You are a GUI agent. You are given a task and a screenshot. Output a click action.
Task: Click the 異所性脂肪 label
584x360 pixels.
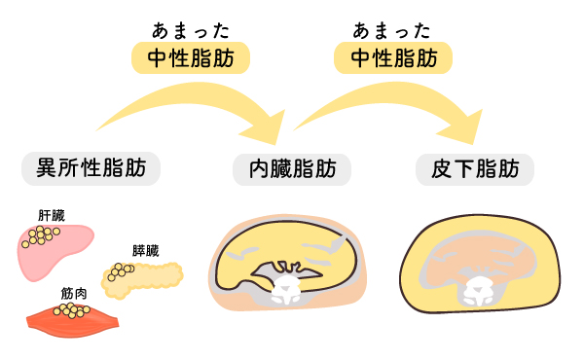[x=91, y=169]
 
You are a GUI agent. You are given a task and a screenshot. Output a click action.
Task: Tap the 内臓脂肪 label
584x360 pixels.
[x=292, y=169]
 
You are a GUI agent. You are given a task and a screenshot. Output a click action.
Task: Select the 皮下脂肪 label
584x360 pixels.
[x=475, y=169]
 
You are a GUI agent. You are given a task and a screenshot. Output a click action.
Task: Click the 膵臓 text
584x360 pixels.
[x=145, y=250]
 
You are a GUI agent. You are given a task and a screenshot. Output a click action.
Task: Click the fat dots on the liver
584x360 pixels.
[x=40, y=235]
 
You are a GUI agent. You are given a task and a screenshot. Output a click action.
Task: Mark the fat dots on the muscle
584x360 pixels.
[x=70, y=310]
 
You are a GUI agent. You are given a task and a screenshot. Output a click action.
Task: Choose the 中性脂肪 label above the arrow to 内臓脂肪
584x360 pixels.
[x=191, y=58]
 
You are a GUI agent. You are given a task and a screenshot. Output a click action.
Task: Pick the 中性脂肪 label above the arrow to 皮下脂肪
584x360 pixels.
[x=393, y=58]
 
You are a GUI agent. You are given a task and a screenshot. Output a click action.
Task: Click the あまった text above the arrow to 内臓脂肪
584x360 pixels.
[x=191, y=28]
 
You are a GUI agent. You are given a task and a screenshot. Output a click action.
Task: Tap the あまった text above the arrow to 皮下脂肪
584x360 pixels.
[x=393, y=28]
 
